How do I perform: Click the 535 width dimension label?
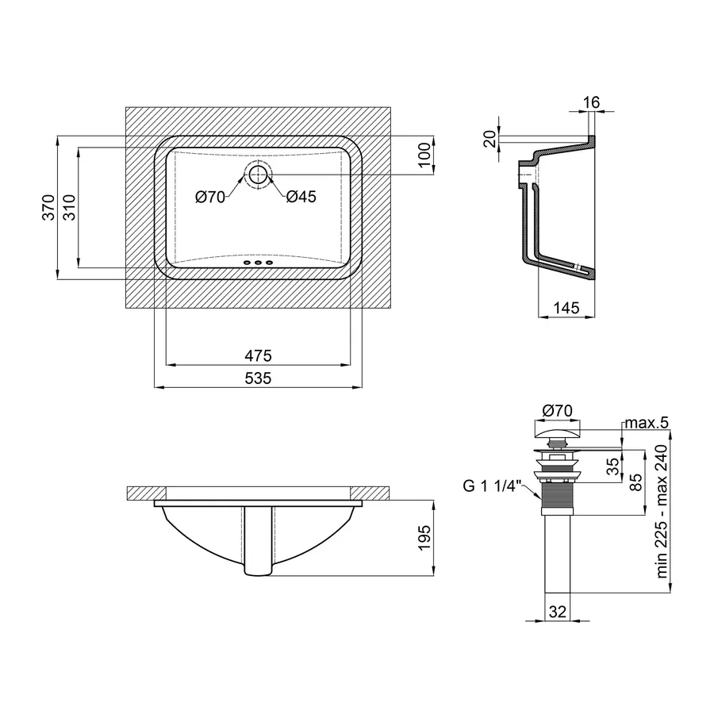pos(258,378)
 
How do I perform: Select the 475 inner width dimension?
pos(258,355)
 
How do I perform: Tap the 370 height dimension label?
pos(48,208)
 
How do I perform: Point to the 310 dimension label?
pos(69,208)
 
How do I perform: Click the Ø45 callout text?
pos(301,197)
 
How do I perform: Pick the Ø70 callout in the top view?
pos(210,198)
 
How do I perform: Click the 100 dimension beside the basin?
pos(424,155)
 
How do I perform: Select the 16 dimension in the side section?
pos(591,102)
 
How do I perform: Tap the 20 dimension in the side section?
pos(490,139)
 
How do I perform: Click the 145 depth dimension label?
pos(566,309)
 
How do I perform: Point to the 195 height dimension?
pos(424,538)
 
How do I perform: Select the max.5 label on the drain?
pos(647,423)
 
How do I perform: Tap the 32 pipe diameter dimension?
pos(558,612)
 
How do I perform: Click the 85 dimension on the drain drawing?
pos(636,482)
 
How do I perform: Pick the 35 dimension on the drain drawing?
pos(613,466)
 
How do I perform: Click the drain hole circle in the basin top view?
pos(259,175)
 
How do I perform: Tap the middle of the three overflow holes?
pos(258,263)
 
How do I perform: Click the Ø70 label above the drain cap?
pos(558,411)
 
